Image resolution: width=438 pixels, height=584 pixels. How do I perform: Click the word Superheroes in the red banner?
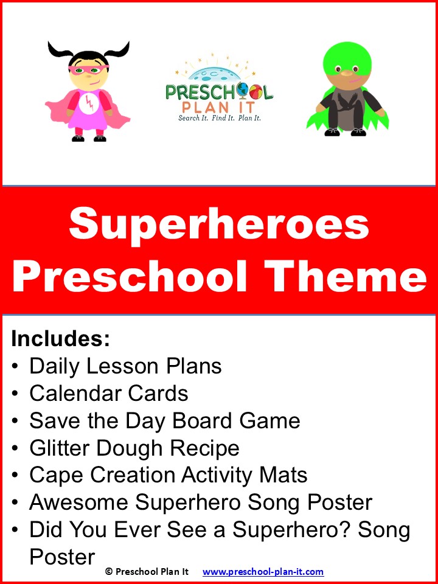point(219,223)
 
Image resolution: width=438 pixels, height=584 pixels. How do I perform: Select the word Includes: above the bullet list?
point(60,339)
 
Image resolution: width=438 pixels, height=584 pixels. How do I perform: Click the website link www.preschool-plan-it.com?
point(263,572)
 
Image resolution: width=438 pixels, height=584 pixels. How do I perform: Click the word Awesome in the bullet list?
point(78,502)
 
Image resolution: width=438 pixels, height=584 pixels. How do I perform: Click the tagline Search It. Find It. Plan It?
point(220,117)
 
